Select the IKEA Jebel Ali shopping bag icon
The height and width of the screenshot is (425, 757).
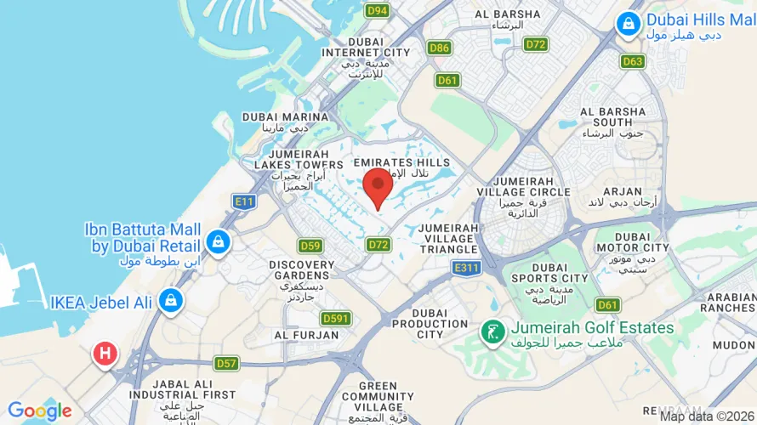tap(171, 301)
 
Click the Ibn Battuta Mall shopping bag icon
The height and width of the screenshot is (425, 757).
tap(219, 241)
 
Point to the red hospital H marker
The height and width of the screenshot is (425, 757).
tap(105, 353)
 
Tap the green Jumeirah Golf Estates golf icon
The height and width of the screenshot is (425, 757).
tap(491, 331)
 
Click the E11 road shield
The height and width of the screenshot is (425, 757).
tap(245, 201)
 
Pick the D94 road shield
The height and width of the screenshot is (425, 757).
tap(377, 11)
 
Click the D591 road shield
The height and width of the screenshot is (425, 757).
tap(337, 319)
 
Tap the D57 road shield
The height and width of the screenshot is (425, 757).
tap(226, 364)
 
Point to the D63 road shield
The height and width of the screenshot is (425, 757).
tap(633, 61)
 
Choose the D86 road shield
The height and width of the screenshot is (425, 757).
tap(440, 48)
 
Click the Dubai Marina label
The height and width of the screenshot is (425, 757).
tap(285, 117)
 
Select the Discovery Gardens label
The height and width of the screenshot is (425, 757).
tap(302, 270)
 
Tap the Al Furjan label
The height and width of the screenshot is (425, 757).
tap(295, 335)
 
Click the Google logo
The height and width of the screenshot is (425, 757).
tap(40, 411)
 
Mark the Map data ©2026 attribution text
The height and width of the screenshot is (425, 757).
tap(707, 416)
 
